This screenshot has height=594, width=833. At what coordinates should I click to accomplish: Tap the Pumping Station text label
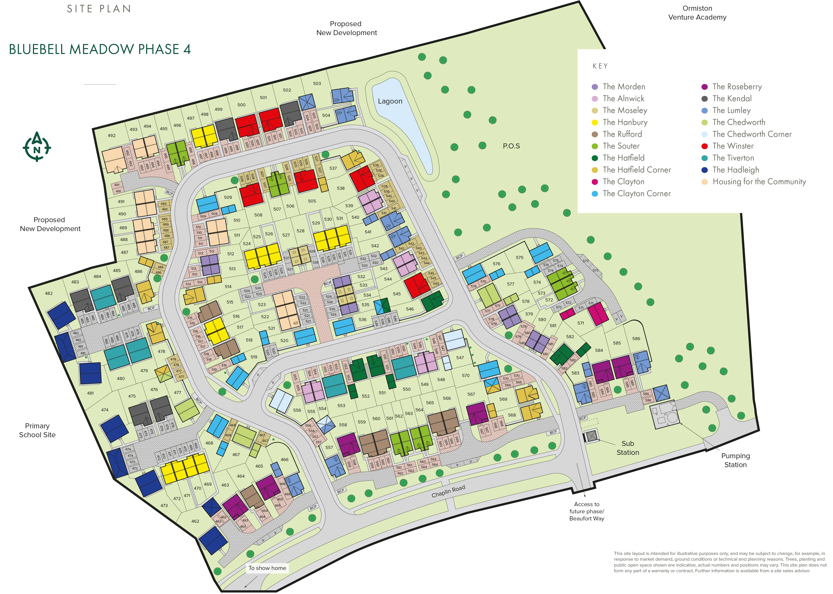pyautogui.click(x=735, y=460)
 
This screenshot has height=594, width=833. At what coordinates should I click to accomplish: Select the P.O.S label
pyautogui.click(x=511, y=146)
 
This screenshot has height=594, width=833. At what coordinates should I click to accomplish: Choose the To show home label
pyautogui.click(x=267, y=568)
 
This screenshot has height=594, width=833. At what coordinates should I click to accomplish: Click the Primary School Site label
pyautogui.click(x=37, y=430)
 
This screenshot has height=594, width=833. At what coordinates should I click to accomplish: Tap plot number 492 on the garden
pyautogui.click(x=112, y=136)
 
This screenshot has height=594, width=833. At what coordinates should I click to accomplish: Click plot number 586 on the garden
pyautogui.click(x=636, y=339)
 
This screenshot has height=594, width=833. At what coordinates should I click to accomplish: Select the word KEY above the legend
pyautogui.click(x=600, y=66)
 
